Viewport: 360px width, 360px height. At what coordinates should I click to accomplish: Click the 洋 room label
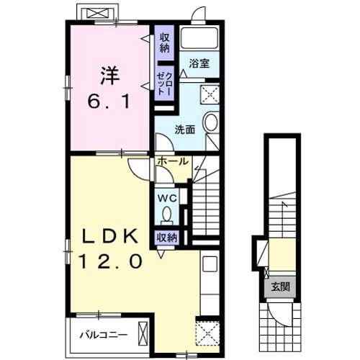pyautogui.click(x=109, y=75)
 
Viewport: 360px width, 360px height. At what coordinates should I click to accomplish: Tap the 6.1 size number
pyautogui.click(x=109, y=102)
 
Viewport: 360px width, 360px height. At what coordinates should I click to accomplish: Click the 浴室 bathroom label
pyautogui.click(x=199, y=64)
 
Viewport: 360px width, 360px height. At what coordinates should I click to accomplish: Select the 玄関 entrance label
pyautogui.click(x=281, y=287)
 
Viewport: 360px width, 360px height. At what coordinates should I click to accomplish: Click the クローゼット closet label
pyautogui.click(x=165, y=84)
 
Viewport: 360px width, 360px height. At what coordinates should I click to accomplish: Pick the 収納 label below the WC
pyautogui.click(x=166, y=236)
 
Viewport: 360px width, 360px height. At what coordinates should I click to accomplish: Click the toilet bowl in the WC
pyautogui.click(x=167, y=215)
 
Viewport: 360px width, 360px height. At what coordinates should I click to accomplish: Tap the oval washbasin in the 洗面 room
pyautogui.click(x=210, y=122)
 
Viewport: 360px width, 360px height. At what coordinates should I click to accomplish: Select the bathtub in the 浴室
pyautogui.click(x=199, y=39)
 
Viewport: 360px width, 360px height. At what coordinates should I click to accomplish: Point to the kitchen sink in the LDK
pyautogui.click(x=210, y=264)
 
